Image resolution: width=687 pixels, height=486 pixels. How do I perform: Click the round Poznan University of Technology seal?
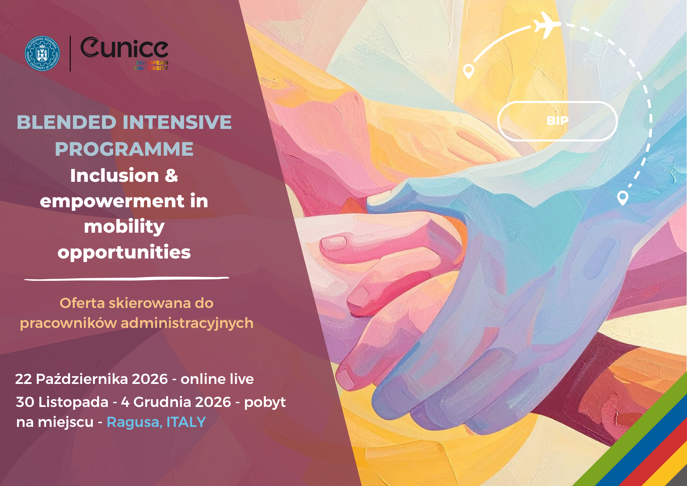[x=42, y=54]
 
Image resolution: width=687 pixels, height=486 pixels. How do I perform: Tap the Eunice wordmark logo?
[x=124, y=53]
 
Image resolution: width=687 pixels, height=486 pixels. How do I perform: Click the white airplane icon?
[x=547, y=24]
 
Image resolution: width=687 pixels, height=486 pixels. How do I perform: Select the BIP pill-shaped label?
[x=558, y=121]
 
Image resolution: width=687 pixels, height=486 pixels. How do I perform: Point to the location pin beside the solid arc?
[x=469, y=71]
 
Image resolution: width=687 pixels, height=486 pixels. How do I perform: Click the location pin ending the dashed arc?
[x=622, y=198]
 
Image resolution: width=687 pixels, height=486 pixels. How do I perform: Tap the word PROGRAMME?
[x=124, y=149]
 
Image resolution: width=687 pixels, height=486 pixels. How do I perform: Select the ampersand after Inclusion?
[x=171, y=175]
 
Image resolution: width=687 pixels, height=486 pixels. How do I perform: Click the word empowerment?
[x=112, y=201]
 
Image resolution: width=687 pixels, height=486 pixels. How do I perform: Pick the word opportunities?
[x=124, y=253]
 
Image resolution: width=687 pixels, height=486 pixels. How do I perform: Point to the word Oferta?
[x=82, y=303]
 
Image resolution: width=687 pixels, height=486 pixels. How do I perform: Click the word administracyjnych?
[x=187, y=324]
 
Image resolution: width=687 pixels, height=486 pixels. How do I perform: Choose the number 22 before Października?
[x=23, y=379]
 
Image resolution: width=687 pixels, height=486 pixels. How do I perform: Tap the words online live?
[x=217, y=379]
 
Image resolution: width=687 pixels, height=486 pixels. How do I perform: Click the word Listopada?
[x=73, y=402]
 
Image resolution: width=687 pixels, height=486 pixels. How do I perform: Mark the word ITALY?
[x=186, y=422]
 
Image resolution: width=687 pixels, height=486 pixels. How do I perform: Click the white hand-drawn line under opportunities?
[x=126, y=278]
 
